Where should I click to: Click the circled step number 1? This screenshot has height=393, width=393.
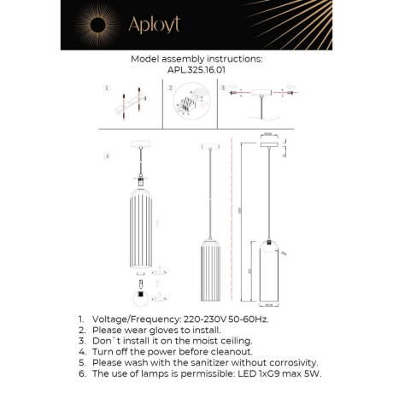click(107, 88)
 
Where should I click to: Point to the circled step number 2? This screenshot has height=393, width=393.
click(170, 88)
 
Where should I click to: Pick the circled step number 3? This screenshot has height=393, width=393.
click(223, 88)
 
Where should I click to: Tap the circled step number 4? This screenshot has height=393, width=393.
click(107, 156)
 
